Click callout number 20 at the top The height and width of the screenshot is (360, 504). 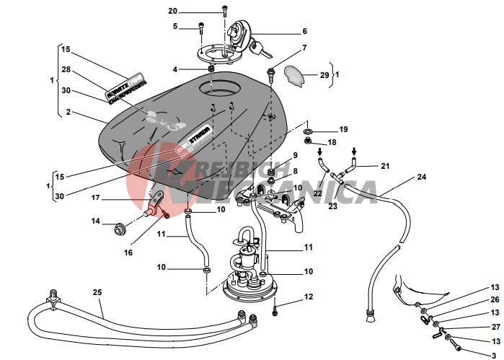tap(172, 11)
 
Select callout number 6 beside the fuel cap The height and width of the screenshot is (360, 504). tap(304, 32)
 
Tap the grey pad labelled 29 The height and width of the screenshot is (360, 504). tap(297, 74)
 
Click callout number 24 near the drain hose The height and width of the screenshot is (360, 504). tap(421, 177)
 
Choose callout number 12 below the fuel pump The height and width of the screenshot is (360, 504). tap(309, 297)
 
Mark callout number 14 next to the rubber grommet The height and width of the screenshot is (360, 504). tap(95, 221)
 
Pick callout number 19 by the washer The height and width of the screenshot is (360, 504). tap(343, 129)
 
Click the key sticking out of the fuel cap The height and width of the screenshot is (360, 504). tap(265, 53)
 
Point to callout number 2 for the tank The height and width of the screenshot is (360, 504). tap(68, 112)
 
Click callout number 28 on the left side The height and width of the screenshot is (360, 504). tap(66, 70)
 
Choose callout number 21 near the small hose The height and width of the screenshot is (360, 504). tap(384, 166)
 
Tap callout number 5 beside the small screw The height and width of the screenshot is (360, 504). tap(174, 27)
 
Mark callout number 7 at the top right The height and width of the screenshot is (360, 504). tap(304, 48)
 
